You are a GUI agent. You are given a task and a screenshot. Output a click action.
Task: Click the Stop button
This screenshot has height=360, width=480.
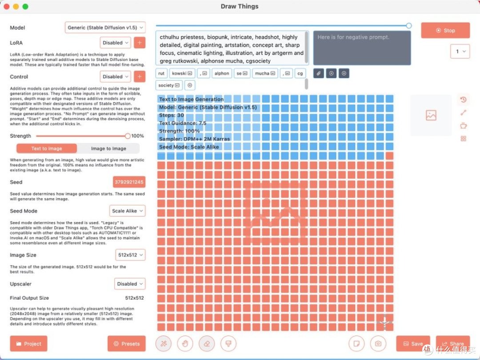point(445,30)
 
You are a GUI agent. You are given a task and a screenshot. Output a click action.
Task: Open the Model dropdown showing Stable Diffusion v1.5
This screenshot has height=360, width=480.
point(105,28)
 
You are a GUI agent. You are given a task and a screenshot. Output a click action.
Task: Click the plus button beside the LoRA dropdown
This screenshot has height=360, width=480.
point(140,43)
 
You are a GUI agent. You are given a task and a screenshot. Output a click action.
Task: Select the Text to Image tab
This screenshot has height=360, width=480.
point(47,148)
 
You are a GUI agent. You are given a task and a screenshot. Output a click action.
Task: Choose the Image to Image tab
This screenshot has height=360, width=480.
point(108,148)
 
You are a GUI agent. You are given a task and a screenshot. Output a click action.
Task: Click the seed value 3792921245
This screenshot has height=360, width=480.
point(129,182)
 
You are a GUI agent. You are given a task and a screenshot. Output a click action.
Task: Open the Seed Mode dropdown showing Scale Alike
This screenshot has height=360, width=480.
point(127,211)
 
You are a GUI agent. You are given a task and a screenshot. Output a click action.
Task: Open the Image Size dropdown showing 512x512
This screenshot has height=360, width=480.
point(130,255)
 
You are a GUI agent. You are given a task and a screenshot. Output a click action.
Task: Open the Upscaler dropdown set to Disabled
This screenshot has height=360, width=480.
point(130,284)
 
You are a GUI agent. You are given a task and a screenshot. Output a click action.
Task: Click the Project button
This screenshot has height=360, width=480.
point(28,344)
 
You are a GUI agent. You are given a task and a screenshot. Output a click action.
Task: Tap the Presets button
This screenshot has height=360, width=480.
point(126,344)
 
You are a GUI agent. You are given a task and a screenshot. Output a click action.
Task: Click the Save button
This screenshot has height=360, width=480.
point(413,344)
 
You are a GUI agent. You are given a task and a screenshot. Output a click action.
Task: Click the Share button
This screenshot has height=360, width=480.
point(452,344)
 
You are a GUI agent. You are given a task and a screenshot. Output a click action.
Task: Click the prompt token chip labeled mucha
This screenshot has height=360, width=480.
point(265,73)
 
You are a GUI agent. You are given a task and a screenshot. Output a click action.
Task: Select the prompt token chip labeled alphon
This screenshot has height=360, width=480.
point(221,73)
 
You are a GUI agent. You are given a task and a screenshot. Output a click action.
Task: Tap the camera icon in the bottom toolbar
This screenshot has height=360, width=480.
point(378,344)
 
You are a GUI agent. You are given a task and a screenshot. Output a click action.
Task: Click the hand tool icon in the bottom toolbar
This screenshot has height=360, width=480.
point(185,344)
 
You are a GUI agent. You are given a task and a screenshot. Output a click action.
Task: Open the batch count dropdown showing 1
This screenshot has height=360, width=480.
point(460,52)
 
